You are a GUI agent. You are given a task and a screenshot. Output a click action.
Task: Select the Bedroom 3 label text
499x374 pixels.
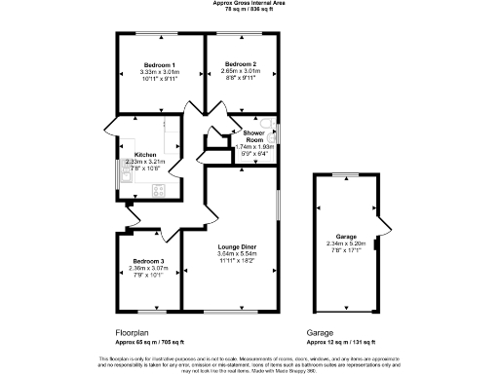click(149, 262)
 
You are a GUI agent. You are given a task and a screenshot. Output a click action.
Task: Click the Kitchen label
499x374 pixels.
click(144, 155)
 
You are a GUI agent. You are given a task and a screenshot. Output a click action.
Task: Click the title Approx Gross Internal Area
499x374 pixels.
click(249, 3)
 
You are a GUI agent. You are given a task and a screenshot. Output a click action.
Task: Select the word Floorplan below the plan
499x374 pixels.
click(134, 332)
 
